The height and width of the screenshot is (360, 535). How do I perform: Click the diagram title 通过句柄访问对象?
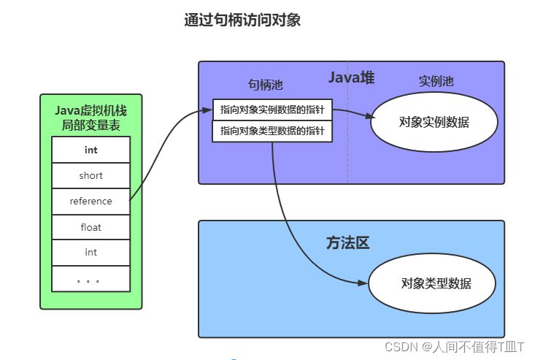click(x=242, y=20)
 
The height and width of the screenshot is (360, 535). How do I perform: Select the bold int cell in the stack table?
click(x=91, y=150)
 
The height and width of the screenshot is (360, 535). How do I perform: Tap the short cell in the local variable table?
click(x=91, y=175)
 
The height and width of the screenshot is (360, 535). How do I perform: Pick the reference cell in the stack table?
click(x=91, y=201)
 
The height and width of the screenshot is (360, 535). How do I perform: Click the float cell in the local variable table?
click(x=91, y=227)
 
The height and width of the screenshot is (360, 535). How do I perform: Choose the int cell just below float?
click(x=91, y=253)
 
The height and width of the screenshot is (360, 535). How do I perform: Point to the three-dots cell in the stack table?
click(x=91, y=279)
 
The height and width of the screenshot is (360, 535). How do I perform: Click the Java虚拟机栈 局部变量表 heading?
click(x=91, y=118)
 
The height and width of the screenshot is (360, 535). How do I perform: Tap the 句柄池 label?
click(x=265, y=85)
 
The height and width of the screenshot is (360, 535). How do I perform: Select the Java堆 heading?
click(x=351, y=77)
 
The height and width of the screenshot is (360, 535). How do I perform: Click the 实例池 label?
click(x=436, y=81)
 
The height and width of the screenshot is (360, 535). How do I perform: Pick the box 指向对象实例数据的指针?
click(x=272, y=110)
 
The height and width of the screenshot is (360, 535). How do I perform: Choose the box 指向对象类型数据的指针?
click(x=272, y=131)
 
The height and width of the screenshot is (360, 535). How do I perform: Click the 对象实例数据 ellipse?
click(x=434, y=122)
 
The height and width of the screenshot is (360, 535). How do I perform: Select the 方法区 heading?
click(x=347, y=243)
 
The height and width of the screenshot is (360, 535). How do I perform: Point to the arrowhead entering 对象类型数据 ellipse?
click(x=363, y=283)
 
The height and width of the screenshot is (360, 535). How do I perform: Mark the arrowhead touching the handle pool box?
click(x=207, y=110)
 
